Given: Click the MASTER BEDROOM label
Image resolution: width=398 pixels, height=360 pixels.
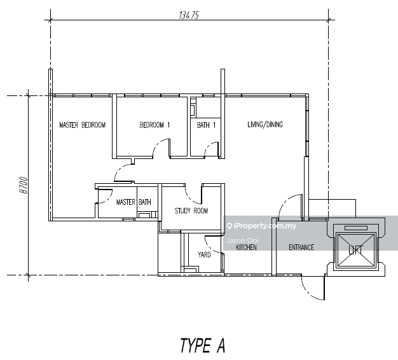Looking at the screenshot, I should tap(82, 125).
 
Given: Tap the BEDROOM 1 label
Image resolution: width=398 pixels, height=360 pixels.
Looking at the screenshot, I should tap(154, 125).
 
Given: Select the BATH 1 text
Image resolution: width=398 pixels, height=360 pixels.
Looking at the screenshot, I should tap(206, 125).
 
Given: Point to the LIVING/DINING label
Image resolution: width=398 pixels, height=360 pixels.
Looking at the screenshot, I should tap(265, 125).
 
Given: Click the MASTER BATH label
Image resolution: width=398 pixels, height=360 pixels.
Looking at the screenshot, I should tap(134, 202).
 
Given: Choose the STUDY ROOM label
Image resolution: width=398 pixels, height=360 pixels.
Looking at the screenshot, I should tap(191, 211).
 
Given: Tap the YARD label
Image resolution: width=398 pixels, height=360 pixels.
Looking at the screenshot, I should tap(204, 254).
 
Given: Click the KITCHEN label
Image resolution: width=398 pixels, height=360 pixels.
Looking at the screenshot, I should tap(246, 247).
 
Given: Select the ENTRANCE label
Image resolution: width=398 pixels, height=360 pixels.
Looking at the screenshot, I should tap(301, 247).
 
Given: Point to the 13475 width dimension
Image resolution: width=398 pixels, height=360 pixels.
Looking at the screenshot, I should tap(189, 17).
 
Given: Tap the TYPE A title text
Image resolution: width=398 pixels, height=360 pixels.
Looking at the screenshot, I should tap(202, 345).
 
